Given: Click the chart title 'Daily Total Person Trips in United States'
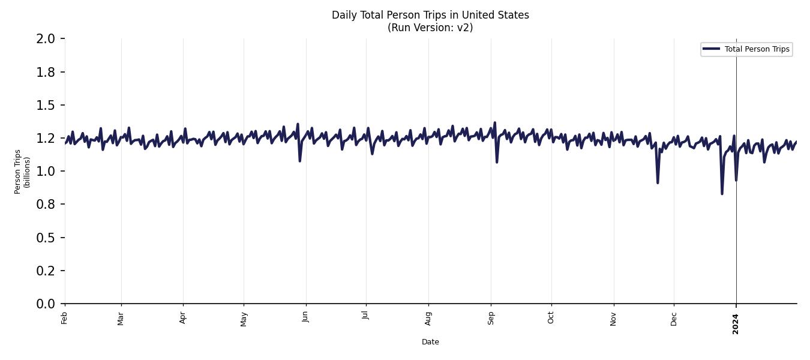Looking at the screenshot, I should coord(430,15).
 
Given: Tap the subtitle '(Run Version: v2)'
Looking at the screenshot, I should coord(430,28).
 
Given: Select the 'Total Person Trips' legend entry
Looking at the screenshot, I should coord(756,49).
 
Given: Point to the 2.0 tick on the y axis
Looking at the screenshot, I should coord(46,39).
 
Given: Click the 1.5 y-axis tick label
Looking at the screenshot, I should coord(46,106).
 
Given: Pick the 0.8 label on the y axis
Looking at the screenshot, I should coord(46,205).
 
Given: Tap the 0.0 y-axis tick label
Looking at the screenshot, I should coord(46,304).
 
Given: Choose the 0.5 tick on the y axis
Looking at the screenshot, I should coord(46,238).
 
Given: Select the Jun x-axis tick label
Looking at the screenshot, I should coord(306,317).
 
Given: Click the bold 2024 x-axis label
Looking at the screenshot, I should coord(736,323).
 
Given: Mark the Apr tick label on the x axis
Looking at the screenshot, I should coord(183,317).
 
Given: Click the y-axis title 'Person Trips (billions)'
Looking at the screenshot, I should coord(22,172).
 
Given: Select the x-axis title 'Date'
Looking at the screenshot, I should coord(430,342).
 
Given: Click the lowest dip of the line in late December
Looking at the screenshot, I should coord(722,193).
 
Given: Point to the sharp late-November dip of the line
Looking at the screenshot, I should coord(658,182).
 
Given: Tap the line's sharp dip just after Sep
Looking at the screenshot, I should coord(497,162).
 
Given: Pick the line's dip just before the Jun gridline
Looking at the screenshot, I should coord(299,161).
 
